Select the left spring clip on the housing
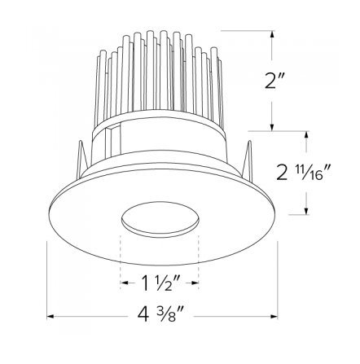pos(83,159)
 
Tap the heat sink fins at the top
pos(159,73)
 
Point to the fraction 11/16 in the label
pos(315,173)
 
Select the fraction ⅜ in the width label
pos(172,314)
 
